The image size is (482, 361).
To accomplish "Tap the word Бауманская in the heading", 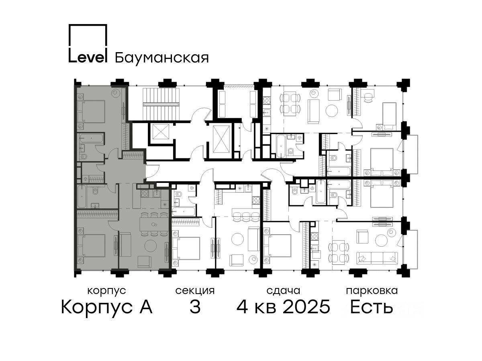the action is pos(162,58).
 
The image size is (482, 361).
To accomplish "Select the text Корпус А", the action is pos(106,307).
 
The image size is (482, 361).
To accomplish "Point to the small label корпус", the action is pos(107,291).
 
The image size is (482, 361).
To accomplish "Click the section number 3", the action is pos(195,307).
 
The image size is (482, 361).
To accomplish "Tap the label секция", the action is pos(195,291).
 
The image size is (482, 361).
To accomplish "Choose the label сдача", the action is pos(283,291).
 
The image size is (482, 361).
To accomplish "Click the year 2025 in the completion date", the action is pos(306,307).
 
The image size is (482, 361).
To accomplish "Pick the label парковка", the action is pos(372,291).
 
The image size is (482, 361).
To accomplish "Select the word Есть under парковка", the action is pos(371,307).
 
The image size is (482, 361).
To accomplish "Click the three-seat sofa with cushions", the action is pos(377,258).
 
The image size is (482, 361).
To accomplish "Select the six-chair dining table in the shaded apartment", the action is pos(154,224).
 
